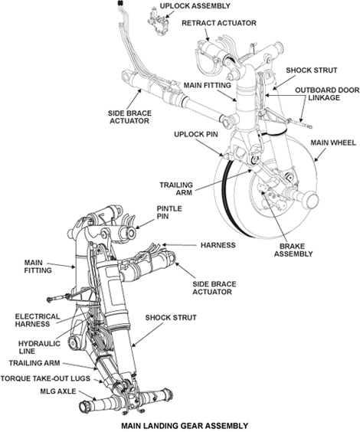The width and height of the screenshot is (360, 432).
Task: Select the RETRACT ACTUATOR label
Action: click(218, 24)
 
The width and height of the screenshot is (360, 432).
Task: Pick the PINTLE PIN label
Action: click(169, 213)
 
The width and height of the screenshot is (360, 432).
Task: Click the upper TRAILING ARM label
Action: click(177, 189)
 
